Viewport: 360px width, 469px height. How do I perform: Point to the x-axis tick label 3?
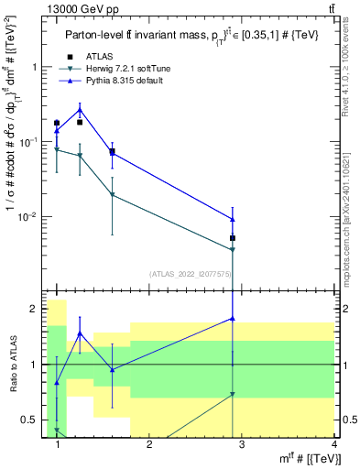click(241, 444)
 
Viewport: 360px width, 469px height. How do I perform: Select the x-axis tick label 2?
click(149, 444)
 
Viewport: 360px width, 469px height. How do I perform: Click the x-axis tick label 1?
click(58, 444)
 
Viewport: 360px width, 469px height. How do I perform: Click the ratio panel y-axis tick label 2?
click(35, 309)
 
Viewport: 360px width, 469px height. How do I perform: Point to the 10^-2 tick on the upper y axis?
click(27, 217)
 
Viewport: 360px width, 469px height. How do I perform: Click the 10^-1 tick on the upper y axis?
click(27, 142)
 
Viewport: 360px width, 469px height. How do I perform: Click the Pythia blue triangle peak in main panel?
click(80, 110)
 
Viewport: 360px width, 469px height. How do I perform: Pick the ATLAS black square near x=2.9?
click(233, 238)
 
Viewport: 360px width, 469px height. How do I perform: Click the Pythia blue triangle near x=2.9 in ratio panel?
click(233, 319)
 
